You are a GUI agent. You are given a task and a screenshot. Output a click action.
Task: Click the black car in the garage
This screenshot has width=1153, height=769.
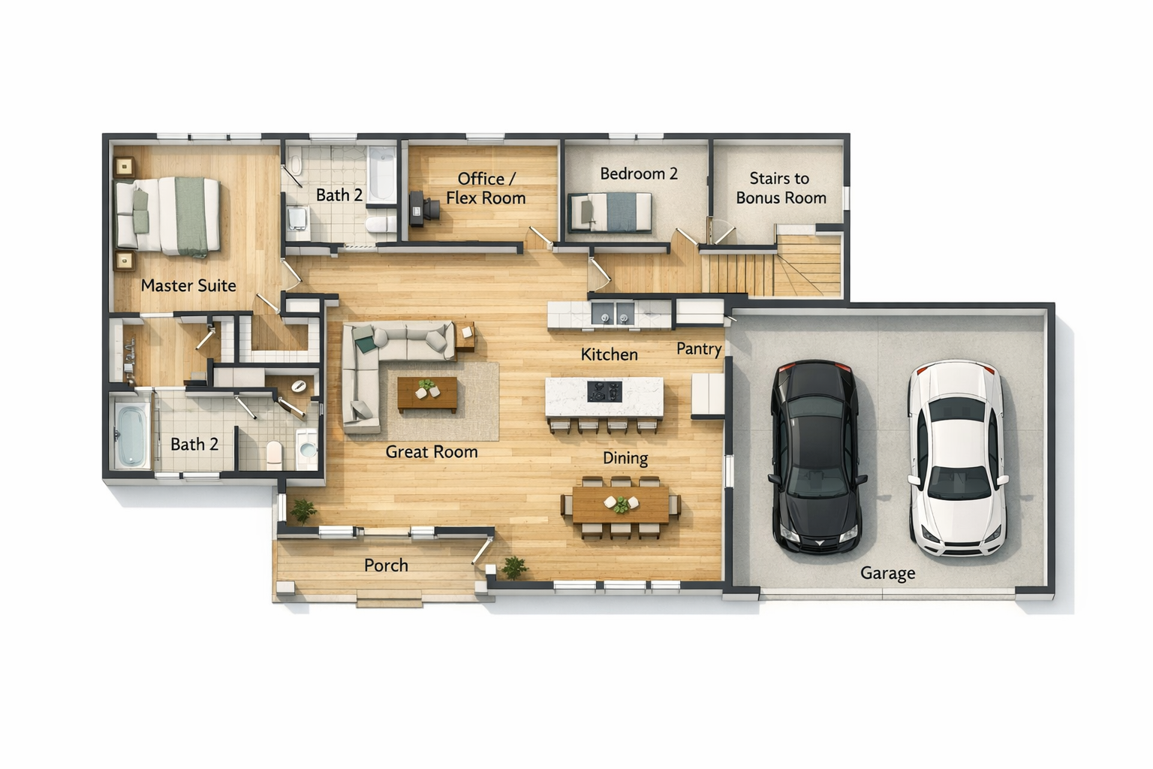(x=817, y=457)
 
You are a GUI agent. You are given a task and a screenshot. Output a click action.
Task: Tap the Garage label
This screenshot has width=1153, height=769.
(x=888, y=573)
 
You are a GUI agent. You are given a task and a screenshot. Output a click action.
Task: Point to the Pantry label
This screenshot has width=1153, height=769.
(x=699, y=349)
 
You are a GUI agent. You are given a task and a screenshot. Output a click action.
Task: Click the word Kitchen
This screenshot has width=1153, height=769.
(x=610, y=354)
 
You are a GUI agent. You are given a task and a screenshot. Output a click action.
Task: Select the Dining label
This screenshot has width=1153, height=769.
(x=625, y=458)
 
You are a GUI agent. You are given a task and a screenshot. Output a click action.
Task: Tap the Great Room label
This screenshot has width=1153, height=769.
(x=432, y=452)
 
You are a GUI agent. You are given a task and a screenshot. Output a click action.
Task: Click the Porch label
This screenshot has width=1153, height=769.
(x=386, y=565)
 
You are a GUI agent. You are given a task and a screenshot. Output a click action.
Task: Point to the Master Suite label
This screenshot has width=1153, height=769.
(x=188, y=285)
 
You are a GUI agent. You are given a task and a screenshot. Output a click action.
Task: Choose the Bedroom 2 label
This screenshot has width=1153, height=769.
(x=639, y=173)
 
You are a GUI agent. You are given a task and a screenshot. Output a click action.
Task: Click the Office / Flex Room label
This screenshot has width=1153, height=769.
(x=486, y=188)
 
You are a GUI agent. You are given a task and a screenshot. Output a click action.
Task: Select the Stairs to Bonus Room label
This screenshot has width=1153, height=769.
(x=781, y=188)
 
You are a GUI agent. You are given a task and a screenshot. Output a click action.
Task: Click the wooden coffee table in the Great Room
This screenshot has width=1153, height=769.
(x=427, y=394)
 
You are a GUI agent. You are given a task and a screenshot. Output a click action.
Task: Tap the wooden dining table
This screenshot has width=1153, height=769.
(x=621, y=504)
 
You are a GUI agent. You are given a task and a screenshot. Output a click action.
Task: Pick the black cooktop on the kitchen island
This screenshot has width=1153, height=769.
(x=605, y=391)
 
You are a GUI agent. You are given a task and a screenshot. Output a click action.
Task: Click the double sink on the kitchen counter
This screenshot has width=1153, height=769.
(x=613, y=312)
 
